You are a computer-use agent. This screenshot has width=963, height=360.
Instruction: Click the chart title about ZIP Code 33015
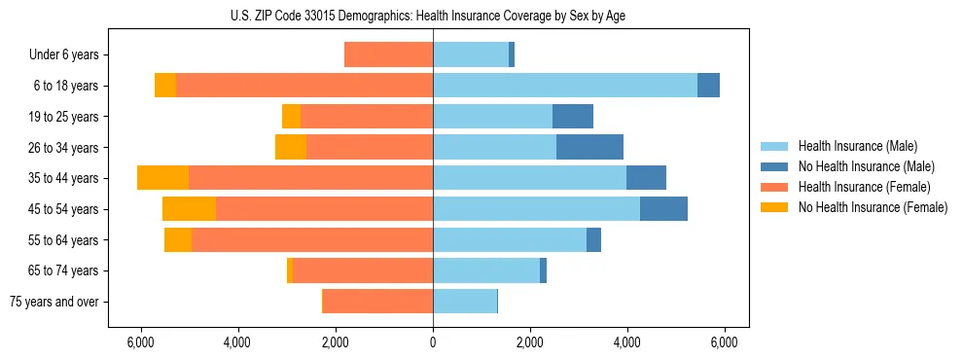point(433,15)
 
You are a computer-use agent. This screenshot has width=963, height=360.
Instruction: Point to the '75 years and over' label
point(54,302)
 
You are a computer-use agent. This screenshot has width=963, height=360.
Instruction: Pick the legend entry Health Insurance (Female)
point(864,187)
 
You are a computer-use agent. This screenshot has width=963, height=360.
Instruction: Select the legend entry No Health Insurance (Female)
point(872,207)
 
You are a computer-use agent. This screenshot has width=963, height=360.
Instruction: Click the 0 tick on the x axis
point(433,342)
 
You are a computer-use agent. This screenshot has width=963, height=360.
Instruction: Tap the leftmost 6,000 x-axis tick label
point(141,342)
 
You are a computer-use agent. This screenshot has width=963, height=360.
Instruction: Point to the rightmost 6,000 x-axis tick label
point(724,342)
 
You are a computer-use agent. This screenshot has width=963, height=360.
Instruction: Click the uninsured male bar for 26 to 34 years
point(589,147)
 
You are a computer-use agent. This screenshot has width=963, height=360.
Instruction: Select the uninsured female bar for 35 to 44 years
point(162,178)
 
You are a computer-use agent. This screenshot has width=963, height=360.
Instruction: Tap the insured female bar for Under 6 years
point(388,54)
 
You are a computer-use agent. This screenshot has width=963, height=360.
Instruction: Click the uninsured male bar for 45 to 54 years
point(663,209)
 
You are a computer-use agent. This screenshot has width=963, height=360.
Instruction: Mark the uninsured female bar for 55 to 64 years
point(178,239)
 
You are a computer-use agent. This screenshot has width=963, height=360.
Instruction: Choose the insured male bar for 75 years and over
point(465,302)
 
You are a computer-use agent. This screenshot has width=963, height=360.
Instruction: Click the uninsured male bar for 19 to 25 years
point(573,117)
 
